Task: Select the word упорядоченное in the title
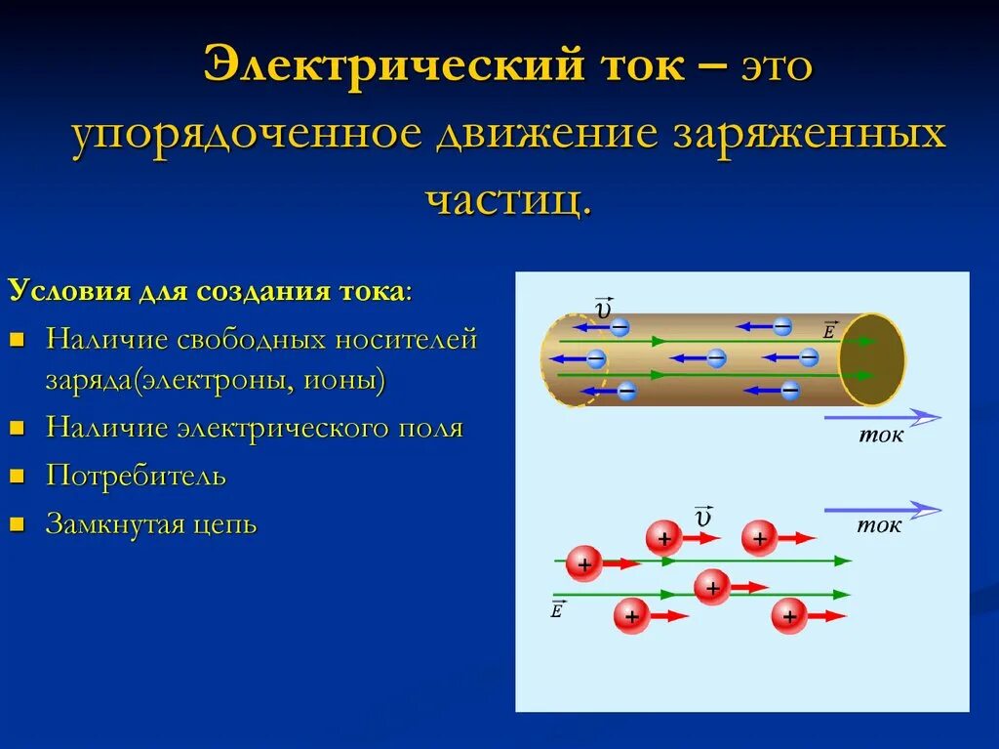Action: coord(244,134)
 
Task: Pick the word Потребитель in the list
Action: coord(136,477)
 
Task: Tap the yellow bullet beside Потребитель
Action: coord(16,477)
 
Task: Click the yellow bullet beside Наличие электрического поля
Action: coord(16,429)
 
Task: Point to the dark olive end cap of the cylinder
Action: coord(872,359)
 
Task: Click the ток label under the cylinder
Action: coord(880,436)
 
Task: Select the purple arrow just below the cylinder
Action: coord(882,417)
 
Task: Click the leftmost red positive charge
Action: coord(584,563)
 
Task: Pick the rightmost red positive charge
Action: coord(789,616)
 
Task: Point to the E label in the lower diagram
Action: coord(557,610)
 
